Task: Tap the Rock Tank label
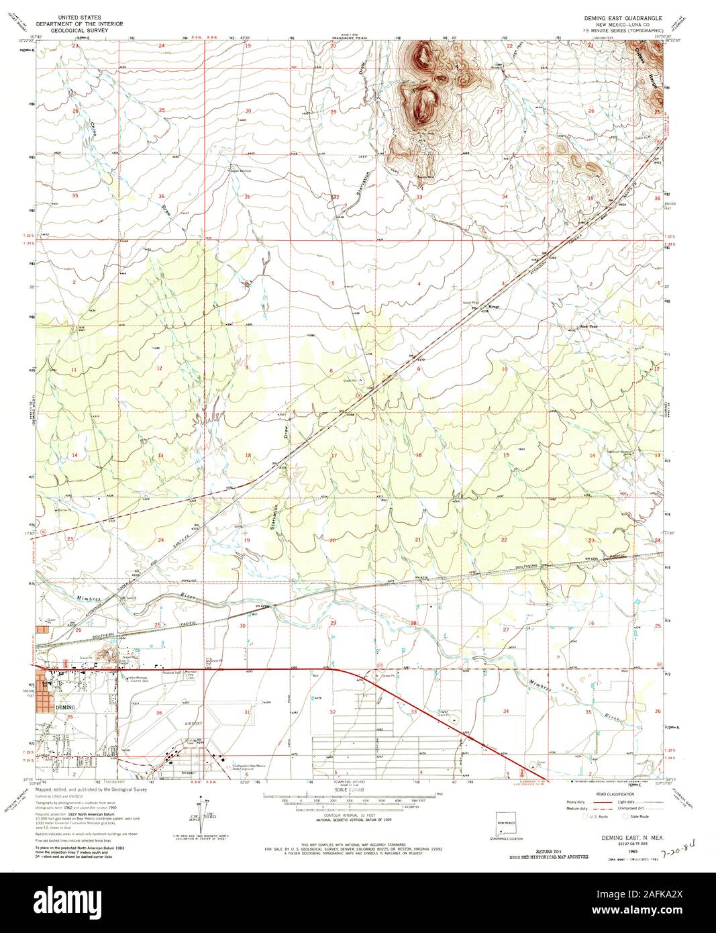point(589,328)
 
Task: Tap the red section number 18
point(248,455)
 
